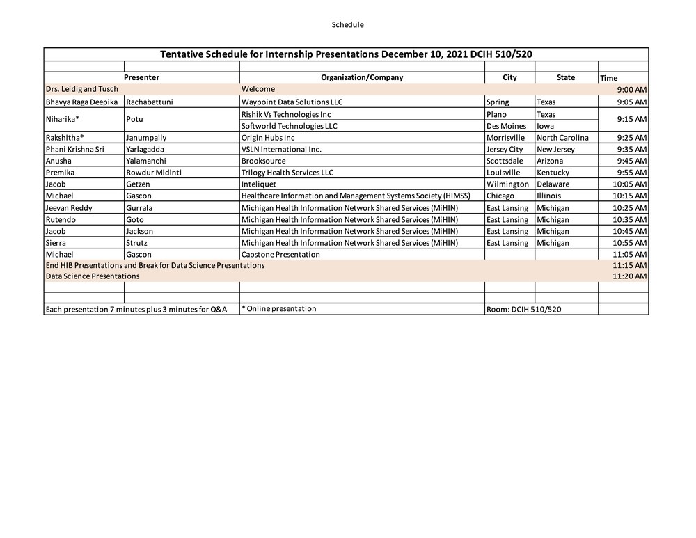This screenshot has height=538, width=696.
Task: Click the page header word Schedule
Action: tap(347, 24)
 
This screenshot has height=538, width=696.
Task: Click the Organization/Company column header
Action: tap(362, 77)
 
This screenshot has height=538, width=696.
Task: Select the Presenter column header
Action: tap(141, 77)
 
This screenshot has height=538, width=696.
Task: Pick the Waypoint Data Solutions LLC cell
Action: tap(292, 102)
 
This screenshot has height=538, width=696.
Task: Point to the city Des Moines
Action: tap(506, 126)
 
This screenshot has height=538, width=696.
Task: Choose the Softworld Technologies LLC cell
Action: tap(289, 126)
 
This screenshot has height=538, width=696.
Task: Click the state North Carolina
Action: tap(562, 138)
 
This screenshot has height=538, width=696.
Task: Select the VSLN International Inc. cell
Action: tap(281, 150)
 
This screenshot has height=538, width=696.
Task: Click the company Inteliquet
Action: tap(259, 184)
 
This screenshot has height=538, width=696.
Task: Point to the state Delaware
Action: tap(553, 184)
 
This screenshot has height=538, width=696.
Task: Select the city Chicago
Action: tap(500, 196)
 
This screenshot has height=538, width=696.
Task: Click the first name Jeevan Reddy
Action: tap(69, 208)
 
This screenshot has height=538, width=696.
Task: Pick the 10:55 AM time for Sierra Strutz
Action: tap(630, 243)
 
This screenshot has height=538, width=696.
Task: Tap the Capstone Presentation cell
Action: tap(280, 255)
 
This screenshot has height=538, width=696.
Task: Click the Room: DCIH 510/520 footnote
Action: tap(523, 309)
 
